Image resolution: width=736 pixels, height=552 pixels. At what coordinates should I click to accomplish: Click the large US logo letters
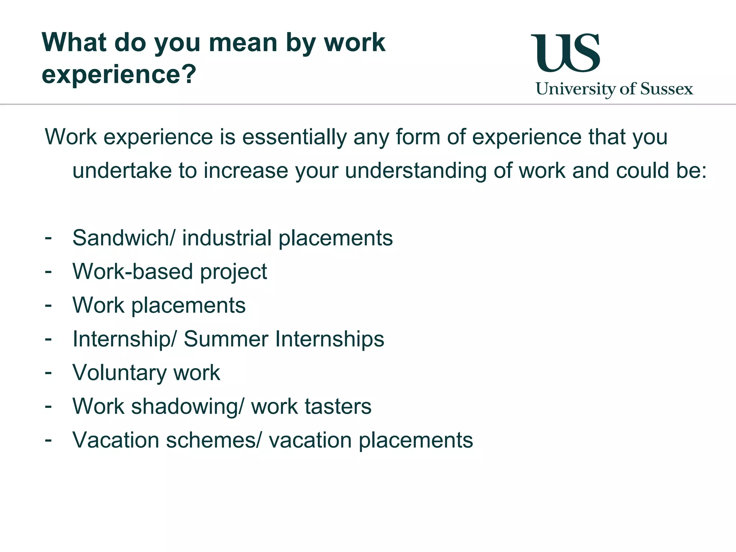(x=565, y=53)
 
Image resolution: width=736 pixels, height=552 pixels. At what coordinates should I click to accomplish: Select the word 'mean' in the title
(x=243, y=43)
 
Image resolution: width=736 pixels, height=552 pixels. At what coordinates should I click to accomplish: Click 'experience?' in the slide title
(x=119, y=74)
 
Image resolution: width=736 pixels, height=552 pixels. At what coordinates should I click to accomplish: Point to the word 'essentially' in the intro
(x=294, y=137)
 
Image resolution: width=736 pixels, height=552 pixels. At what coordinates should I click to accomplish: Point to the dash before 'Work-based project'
(x=48, y=271)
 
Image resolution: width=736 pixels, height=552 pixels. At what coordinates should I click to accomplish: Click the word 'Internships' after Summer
(x=330, y=339)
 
